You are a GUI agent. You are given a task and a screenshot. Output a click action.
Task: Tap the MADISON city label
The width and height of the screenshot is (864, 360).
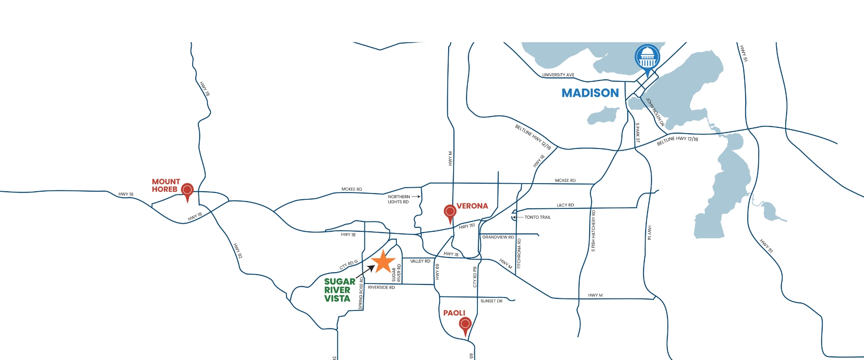pyautogui.click(x=590, y=93)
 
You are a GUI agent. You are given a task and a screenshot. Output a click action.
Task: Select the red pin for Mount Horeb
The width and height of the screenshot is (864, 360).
pyautogui.click(x=187, y=191)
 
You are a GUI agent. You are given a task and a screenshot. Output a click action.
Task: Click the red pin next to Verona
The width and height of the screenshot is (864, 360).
pyautogui.click(x=450, y=211)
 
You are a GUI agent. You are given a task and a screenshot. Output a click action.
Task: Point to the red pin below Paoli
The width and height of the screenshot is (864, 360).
pyautogui.click(x=465, y=324)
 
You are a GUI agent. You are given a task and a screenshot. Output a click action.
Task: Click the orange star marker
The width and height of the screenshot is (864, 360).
pyautogui.click(x=383, y=262)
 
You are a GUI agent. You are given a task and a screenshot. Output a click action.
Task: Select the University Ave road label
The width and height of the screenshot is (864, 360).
pyautogui.click(x=558, y=75)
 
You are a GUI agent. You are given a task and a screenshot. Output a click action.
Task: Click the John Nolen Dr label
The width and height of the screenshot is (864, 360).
pyautogui.click(x=655, y=112)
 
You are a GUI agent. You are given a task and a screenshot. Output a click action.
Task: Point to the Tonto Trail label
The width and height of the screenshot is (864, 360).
pyautogui.click(x=537, y=217)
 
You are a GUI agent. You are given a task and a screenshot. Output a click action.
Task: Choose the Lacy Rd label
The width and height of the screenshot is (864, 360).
pyautogui.click(x=565, y=205)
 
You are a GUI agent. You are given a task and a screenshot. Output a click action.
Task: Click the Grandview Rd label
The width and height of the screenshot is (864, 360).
pyautogui.click(x=498, y=237)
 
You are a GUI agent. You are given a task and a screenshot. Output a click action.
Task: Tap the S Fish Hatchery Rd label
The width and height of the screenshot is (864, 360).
pyautogui.click(x=593, y=230)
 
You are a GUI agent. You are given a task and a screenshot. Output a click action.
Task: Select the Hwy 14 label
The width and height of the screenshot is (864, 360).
pyautogui.click(x=649, y=232)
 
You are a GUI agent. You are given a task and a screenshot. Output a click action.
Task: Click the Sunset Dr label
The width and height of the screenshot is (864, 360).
pyautogui.click(x=491, y=301)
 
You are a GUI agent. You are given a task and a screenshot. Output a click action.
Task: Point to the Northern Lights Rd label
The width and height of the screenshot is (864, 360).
pyautogui.click(x=399, y=199)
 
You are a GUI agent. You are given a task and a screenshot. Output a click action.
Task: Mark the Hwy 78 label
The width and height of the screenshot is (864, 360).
pyautogui.click(x=205, y=89)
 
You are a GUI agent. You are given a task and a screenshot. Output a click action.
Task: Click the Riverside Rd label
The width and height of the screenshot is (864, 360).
pyautogui.click(x=381, y=288)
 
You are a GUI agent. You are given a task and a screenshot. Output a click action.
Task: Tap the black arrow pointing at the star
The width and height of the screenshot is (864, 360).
pyautogui.click(x=365, y=271)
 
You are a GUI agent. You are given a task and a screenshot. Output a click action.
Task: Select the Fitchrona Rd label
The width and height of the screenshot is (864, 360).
pyautogui.click(x=519, y=253)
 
